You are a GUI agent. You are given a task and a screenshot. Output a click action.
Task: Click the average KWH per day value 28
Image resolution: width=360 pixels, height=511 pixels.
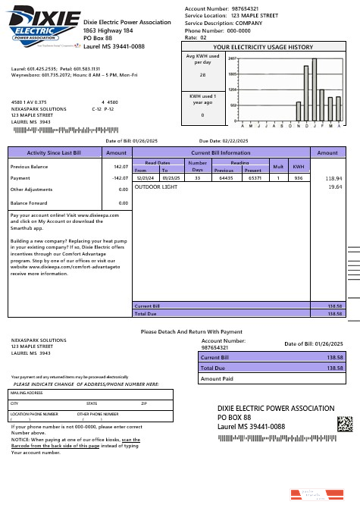202,75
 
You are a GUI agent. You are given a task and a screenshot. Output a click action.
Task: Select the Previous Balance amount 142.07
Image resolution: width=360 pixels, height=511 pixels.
120,165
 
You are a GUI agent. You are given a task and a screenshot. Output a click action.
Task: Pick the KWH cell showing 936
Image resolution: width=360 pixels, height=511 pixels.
299,177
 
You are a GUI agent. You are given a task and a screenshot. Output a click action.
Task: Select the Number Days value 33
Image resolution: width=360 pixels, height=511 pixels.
197,177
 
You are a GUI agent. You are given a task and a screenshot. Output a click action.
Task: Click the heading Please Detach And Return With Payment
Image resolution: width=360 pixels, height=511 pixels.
191,331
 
